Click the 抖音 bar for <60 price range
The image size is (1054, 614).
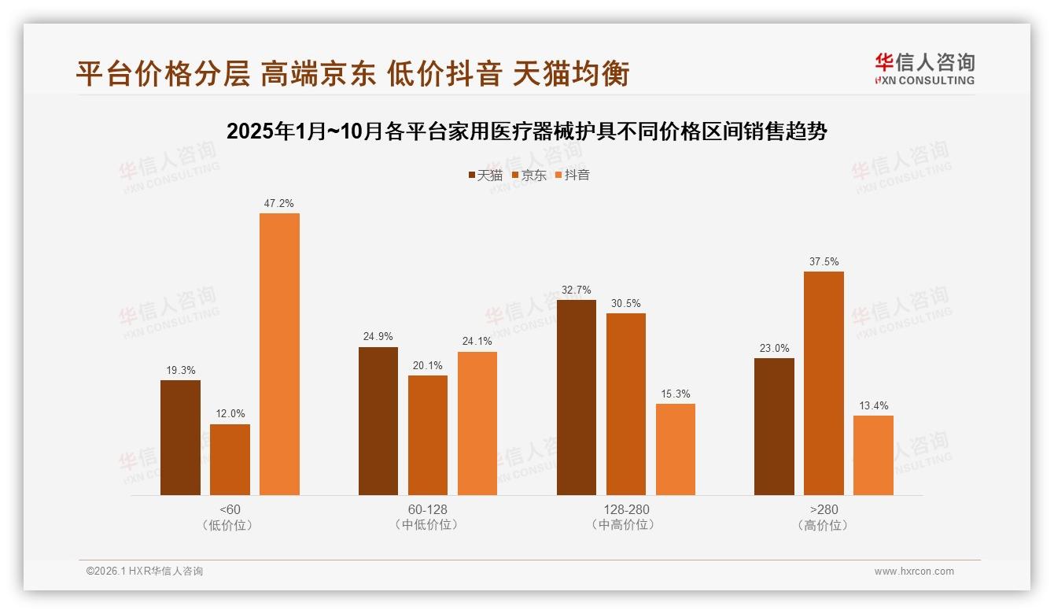point(279,354)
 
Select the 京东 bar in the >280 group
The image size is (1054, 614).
point(824,383)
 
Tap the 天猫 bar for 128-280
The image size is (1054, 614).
point(576,398)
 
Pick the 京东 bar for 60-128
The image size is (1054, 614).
point(428,435)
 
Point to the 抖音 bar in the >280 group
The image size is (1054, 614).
point(873,455)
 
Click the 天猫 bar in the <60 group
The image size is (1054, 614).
point(180,438)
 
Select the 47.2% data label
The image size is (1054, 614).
point(279,204)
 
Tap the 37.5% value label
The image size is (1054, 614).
point(824,262)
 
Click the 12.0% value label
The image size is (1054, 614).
point(230,414)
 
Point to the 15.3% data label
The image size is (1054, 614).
point(675,394)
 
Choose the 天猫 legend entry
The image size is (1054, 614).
point(485,176)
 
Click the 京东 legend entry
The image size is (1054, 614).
point(529,176)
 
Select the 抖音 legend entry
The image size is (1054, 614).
point(573,176)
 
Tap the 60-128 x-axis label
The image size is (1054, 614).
point(428,509)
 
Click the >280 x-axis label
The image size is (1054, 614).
point(824,509)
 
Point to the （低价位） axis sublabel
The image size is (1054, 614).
point(230,525)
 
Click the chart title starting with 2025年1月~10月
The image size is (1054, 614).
point(527,131)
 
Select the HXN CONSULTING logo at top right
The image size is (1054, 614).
point(925,69)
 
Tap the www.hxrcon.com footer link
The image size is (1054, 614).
point(914,571)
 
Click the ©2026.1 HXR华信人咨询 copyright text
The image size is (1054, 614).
point(145,571)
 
